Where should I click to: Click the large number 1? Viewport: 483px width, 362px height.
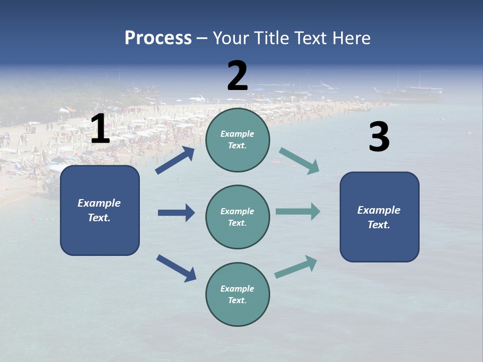pos(100,129)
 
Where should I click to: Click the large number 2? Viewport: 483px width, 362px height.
pos(237,76)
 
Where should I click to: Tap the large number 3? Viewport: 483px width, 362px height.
pos(379,137)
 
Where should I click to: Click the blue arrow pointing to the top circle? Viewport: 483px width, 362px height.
pos(175,160)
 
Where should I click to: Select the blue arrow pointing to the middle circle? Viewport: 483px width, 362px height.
pos(176,213)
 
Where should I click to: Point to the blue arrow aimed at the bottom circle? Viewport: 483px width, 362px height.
pos(176,268)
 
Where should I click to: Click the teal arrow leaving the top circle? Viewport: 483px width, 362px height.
pos(299,161)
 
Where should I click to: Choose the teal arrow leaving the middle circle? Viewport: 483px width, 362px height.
pos(298,211)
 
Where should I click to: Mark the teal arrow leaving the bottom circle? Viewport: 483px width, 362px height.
pos(296,266)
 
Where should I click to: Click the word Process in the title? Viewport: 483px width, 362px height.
pos(158,38)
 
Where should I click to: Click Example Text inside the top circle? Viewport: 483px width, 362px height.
pos(237,140)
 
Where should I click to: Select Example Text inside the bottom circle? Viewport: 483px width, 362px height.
pos(237,295)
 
